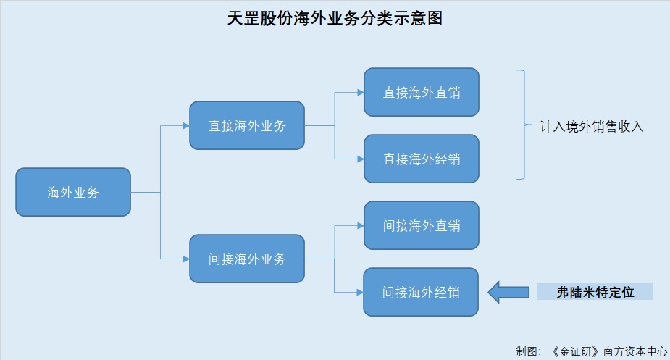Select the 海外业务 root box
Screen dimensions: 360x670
tap(73, 193)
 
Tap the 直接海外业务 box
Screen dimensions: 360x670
tap(247, 125)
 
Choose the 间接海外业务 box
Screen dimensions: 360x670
tap(247, 259)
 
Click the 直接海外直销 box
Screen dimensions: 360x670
tap(422, 92)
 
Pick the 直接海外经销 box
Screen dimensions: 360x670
tap(422, 159)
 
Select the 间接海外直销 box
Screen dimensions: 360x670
tap(422, 225)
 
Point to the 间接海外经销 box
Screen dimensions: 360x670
tap(422, 292)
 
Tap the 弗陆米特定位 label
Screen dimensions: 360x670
tap(595, 292)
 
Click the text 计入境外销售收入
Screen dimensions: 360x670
tap(592, 126)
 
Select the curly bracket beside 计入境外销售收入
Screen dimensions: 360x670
tap(522, 125)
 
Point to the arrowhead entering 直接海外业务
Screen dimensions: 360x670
tap(185, 125)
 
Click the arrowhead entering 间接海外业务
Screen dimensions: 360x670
tap(185, 259)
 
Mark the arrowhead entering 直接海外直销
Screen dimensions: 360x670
tap(359, 92)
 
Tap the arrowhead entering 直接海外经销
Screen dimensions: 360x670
tap(359, 159)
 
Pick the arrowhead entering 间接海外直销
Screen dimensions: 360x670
tap(359, 225)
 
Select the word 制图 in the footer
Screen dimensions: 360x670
tap(527, 351)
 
